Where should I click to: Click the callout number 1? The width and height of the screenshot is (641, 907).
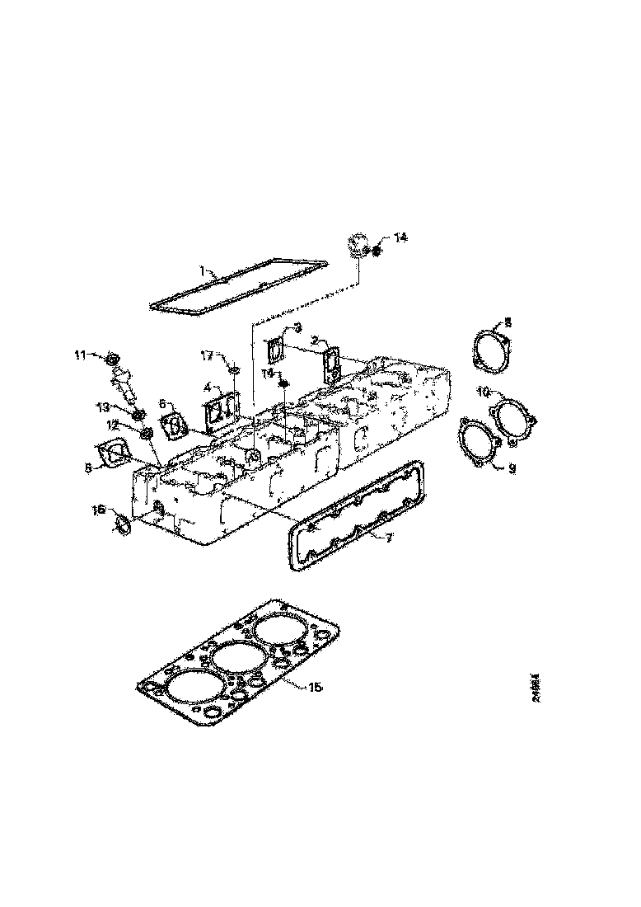[202, 270]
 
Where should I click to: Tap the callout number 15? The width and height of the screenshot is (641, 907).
[316, 687]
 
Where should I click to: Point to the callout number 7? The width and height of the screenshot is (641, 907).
[390, 538]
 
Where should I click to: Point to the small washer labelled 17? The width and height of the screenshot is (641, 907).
[234, 369]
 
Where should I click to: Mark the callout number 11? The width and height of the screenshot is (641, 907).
[80, 355]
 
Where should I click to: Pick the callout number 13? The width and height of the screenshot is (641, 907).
[103, 407]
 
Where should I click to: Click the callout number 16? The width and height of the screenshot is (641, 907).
[97, 511]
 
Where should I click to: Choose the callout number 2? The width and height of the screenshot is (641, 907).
[314, 340]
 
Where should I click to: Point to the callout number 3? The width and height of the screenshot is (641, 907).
[297, 327]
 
